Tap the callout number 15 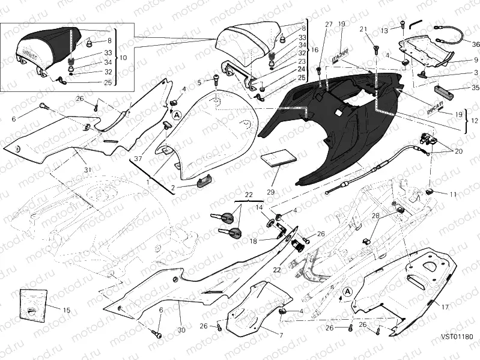coord(67,310)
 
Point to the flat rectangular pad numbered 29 coord(278,156)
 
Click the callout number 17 coord(445,307)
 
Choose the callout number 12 coord(475,121)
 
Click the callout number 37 coord(138,159)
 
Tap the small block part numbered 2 coord(203,181)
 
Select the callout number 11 coord(453,195)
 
